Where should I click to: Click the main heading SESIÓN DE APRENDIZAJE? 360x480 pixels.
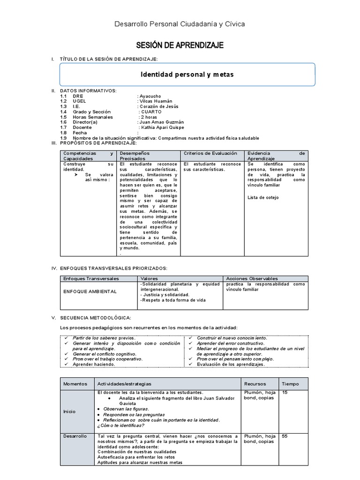click(180, 45)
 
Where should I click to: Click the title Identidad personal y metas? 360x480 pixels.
click(187, 75)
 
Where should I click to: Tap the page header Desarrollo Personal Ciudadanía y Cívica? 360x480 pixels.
click(180, 23)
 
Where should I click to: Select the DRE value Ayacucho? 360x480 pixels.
click(151, 96)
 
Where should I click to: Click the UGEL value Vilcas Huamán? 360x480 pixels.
click(155, 101)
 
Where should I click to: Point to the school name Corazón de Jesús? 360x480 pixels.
click(158, 106)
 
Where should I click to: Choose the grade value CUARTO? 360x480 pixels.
click(151, 112)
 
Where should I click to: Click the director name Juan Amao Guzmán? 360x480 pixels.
click(159, 122)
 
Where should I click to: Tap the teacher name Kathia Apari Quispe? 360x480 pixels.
click(162, 127)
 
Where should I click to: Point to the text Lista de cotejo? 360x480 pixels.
click(262, 197)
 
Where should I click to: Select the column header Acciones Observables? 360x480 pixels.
click(252, 278)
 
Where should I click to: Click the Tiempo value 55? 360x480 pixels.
click(285, 436)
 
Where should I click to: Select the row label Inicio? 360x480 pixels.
click(69, 411)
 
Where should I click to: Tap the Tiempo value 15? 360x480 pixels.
click(285, 392)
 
